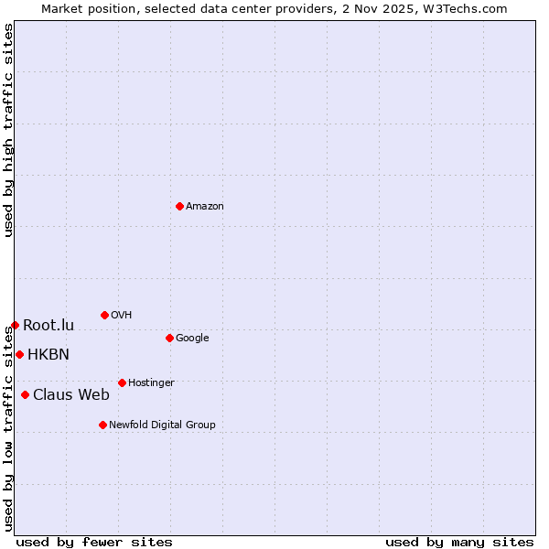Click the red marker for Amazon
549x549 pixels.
click(179, 206)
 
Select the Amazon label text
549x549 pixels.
click(205, 207)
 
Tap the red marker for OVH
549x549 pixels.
click(104, 315)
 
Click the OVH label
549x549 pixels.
click(122, 316)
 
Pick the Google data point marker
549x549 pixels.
click(169, 338)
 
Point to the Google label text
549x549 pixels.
click(192, 339)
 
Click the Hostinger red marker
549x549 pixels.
click(122, 382)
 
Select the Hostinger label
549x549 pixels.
click(151, 383)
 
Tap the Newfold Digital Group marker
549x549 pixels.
click(102, 425)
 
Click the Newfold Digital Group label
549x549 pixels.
click(162, 425)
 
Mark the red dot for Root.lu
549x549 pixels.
click(15, 325)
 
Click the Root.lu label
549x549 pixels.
click(48, 326)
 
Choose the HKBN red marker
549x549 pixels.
click(19, 354)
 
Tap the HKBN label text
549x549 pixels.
click(48, 355)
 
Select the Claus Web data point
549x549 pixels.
click(25, 394)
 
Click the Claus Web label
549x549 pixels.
click(71, 395)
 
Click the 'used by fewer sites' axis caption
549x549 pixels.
click(94, 542)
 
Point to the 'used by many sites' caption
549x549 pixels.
click(459, 542)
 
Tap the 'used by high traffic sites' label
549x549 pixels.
click(9, 130)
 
